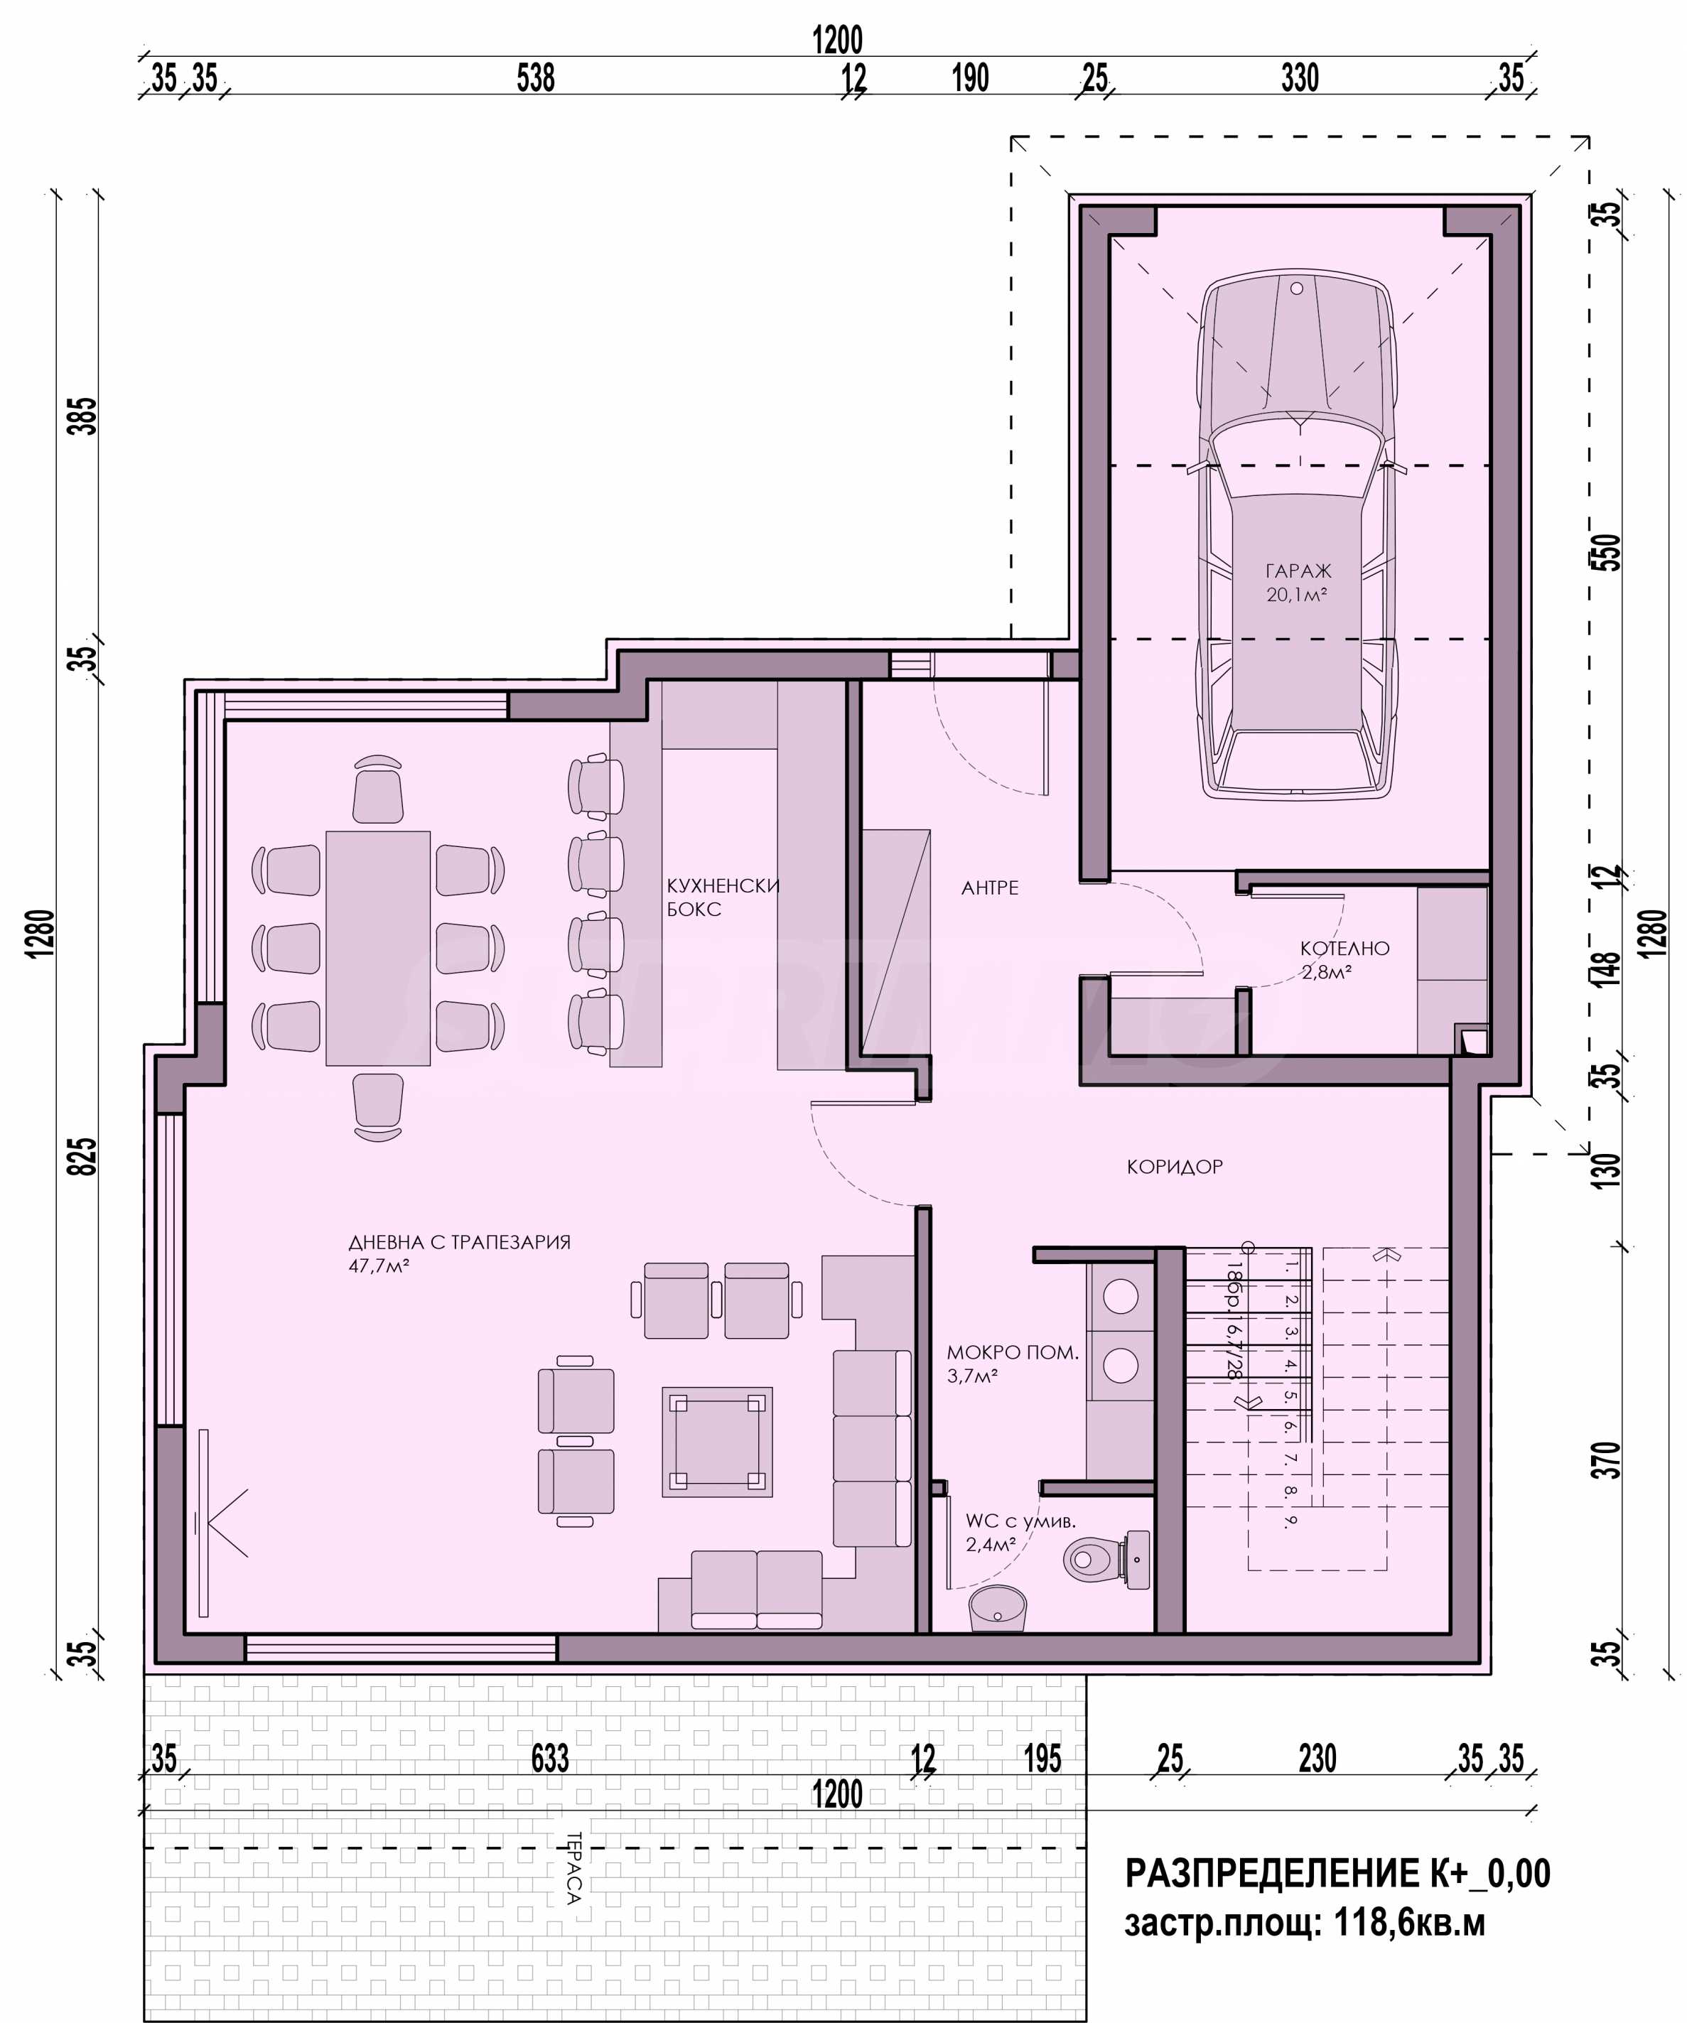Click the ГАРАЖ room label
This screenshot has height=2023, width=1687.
pos(1297,571)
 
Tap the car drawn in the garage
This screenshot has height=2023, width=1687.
pos(1297,534)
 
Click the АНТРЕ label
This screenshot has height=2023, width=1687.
pos(989,888)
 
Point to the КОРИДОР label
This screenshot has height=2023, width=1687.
pos(1175,1167)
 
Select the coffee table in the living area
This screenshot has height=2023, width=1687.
pos(717,1442)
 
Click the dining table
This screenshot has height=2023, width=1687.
pos(377,948)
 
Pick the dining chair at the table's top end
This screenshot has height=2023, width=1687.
pos(377,789)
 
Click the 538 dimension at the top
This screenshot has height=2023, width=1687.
pos(536,78)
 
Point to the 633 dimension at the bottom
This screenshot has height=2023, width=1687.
pos(550,1759)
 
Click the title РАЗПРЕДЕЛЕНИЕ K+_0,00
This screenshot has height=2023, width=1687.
pos(1337,1874)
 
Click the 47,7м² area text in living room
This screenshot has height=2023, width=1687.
pos(379,1266)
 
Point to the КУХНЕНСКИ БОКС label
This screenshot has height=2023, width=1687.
pos(723,897)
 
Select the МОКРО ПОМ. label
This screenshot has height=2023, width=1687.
pos(1012,1352)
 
